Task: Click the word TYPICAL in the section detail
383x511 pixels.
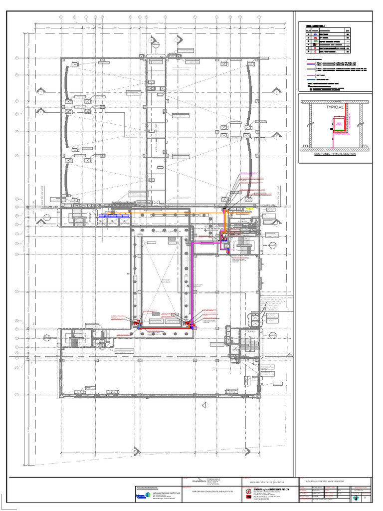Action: (x=335, y=107)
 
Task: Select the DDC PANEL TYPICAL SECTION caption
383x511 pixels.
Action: (x=335, y=154)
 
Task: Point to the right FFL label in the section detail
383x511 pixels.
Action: (x=364, y=146)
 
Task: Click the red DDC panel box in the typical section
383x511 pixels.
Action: (x=340, y=124)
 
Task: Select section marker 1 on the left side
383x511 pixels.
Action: (x=41, y=92)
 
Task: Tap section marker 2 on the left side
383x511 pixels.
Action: (x=41, y=112)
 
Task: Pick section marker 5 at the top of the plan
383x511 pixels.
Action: (x=177, y=39)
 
